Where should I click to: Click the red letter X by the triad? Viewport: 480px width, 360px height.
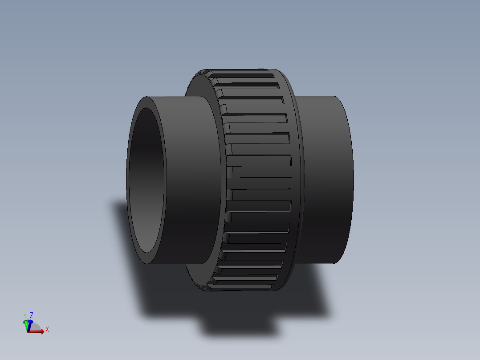click(47, 330)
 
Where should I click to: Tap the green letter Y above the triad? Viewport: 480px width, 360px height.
click(25, 316)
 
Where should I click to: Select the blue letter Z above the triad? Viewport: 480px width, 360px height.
click(32, 315)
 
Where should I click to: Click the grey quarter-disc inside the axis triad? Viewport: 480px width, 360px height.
click(33, 327)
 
